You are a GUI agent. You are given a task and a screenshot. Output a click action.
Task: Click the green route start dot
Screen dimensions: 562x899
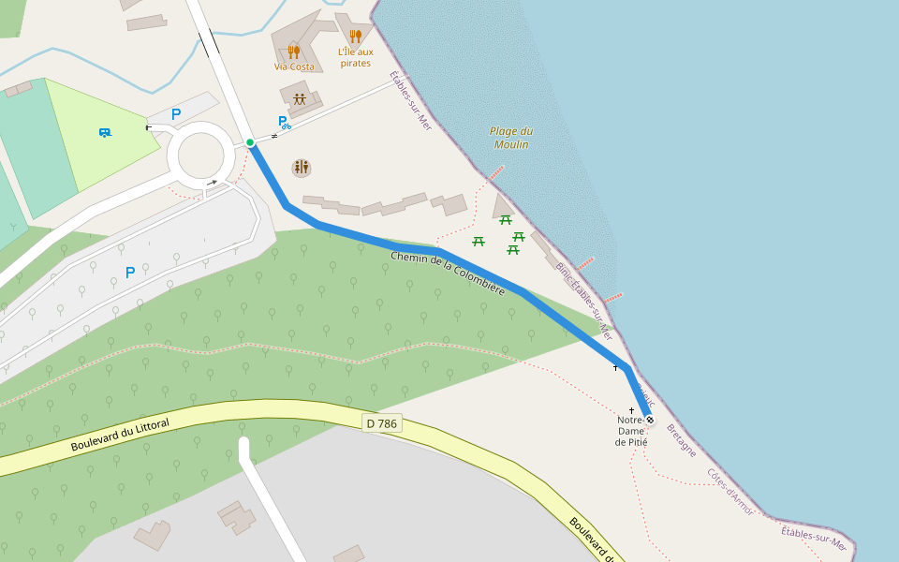click(250, 142)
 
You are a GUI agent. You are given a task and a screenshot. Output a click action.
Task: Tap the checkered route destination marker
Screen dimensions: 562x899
click(649, 420)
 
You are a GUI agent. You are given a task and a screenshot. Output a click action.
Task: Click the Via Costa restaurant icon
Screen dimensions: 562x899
click(294, 52)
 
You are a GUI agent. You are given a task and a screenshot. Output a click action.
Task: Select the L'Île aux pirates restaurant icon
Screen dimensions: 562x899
click(355, 37)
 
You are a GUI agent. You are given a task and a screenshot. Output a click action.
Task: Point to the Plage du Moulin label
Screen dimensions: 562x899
click(511, 138)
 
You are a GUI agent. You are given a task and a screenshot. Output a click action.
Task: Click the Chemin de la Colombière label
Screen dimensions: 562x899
click(448, 274)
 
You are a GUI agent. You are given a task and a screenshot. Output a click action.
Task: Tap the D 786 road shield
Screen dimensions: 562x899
click(382, 423)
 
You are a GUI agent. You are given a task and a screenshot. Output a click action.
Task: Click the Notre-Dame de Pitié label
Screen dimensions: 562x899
click(631, 431)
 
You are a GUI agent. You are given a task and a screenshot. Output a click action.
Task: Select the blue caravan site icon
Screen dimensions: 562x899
click(105, 132)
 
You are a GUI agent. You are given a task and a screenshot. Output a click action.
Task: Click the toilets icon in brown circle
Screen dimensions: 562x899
click(302, 168)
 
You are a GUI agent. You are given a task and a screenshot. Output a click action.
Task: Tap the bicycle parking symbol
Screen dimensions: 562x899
click(284, 122)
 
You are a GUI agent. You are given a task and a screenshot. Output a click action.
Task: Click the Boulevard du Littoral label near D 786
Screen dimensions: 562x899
click(120, 436)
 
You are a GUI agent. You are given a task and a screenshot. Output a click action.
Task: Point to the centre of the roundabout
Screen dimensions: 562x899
click(201, 155)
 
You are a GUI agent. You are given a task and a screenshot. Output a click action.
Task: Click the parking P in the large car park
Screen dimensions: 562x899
click(130, 273)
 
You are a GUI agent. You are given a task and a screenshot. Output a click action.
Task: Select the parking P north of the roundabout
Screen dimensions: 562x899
click(175, 114)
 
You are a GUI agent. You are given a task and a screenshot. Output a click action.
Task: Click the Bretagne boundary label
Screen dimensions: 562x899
click(682, 440)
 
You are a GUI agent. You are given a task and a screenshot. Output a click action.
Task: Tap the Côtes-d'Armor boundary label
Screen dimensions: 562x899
click(730, 492)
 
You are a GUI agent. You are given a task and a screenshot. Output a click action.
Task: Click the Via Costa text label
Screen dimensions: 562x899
click(294, 67)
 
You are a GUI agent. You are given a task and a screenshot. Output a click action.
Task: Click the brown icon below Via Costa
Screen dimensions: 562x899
click(300, 98)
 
